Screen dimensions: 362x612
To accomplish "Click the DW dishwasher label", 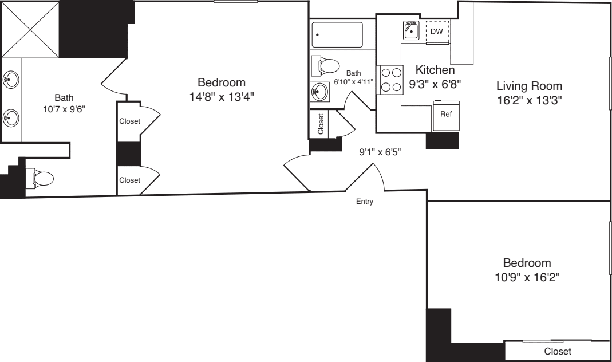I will (x=436, y=31).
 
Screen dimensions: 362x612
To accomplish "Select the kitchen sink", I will (x=411, y=30).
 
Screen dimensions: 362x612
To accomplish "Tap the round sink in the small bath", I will (x=319, y=91).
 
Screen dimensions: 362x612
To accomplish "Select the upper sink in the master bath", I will (x=10, y=79).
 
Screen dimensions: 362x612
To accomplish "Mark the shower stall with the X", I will (x=30, y=28).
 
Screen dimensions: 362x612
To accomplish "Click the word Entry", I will (x=365, y=202).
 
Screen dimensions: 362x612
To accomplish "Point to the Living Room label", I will (x=529, y=86).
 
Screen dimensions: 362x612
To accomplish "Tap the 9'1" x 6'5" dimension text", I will (x=380, y=152).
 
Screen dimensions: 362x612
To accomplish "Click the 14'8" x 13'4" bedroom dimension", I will (x=221, y=96).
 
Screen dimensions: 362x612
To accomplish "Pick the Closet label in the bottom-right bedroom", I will (x=558, y=351).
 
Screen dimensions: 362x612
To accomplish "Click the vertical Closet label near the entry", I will (x=321, y=123).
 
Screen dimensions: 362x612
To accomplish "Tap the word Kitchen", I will (x=435, y=70).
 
